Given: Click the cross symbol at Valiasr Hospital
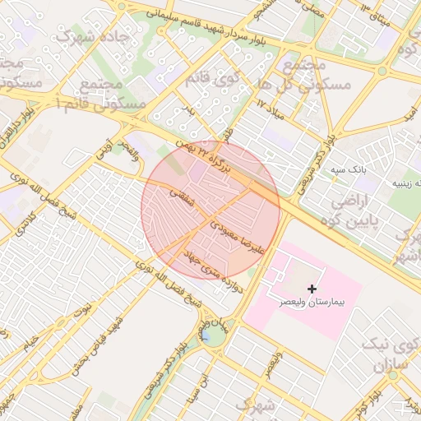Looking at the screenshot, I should click(x=312, y=289).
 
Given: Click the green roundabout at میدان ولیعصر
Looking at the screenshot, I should click(x=211, y=335).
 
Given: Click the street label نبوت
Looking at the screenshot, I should click(x=83, y=308).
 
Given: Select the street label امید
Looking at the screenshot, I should click(x=408, y=118).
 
